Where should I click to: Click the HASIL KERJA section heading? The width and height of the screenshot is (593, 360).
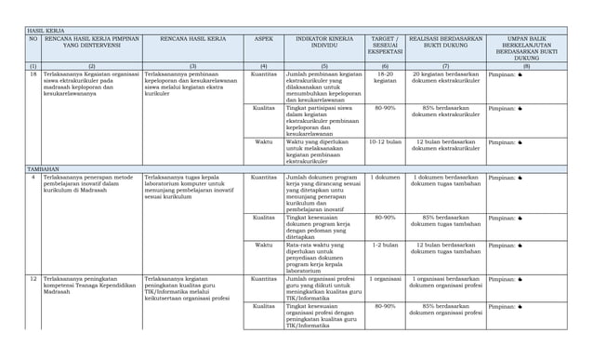[x=44, y=31]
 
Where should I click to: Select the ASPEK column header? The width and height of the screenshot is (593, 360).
[x=263, y=39]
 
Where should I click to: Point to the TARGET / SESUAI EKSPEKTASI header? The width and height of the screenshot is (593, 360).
[x=385, y=46]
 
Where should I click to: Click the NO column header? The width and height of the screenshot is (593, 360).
[x=33, y=39]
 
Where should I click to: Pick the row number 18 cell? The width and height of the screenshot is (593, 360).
[x=33, y=73]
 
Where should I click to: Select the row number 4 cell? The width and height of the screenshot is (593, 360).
[x=33, y=177]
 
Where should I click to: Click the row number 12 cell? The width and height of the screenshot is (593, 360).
[x=33, y=278]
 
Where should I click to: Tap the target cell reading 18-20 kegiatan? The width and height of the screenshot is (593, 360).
[x=385, y=76]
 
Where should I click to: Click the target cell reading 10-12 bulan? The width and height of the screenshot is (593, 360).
[x=385, y=142]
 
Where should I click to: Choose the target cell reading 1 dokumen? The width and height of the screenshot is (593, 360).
[x=385, y=177]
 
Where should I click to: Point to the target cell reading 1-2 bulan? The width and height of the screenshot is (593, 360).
[x=385, y=245]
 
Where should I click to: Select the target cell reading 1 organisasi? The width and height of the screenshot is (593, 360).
[x=385, y=278]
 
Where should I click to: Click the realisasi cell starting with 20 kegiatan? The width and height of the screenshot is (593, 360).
[x=445, y=76]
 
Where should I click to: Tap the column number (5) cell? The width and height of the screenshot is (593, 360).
[x=324, y=66]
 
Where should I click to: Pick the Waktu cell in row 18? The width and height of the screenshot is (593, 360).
[x=263, y=142]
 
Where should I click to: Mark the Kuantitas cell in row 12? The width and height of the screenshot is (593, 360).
[x=263, y=278]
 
